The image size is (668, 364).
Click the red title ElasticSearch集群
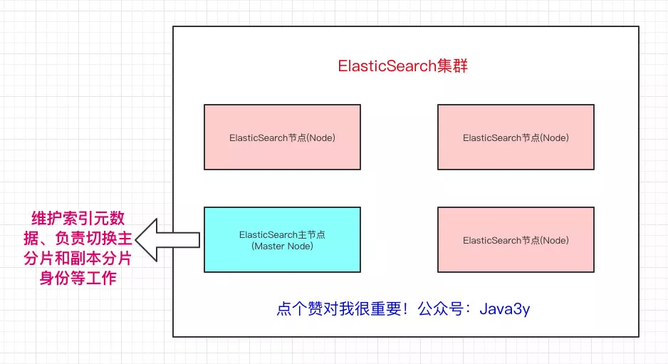tap(402, 66)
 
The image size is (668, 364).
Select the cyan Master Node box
tap(283, 239)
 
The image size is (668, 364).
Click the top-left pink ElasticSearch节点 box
tap(283, 137)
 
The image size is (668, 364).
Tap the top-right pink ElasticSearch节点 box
tap(516, 137)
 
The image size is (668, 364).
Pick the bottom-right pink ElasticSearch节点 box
tap(516, 239)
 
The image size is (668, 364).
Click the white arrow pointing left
tap(167, 240)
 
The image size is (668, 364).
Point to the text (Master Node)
tap(283, 246)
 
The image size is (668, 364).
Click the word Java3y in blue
tap(505, 309)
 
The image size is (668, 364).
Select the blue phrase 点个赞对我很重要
tap(339, 308)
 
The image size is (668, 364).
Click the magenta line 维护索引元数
tap(78, 218)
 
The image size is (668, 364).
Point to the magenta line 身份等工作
tap(78, 278)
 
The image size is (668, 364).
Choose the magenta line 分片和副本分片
tap(78, 259)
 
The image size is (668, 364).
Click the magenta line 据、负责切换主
tap(78, 238)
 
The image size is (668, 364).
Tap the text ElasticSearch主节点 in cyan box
tap(283, 234)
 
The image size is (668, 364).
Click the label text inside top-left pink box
tap(283, 137)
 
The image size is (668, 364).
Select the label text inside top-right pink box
tap(516, 137)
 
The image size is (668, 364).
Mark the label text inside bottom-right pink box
tap(516, 240)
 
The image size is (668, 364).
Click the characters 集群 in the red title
tap(452, 66)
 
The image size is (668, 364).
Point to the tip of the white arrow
tap(135, 240)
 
